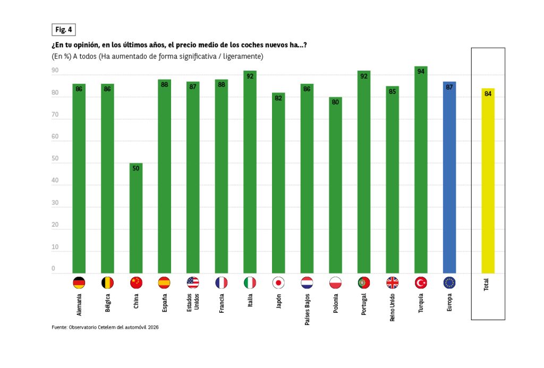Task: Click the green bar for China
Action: click(136, 218)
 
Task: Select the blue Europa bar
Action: click(449, 177)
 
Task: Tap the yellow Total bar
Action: click(488, 181)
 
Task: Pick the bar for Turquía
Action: click(421, 170)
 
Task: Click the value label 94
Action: click(421, 71)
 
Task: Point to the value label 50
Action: click(136, 168)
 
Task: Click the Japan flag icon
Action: click(278, 283)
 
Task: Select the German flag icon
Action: click(79, 283)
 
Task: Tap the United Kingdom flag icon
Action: click(393, 283)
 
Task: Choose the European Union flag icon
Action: click(449, 283)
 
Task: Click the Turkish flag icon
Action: click(421, 283)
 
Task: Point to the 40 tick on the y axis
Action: click(55, 181)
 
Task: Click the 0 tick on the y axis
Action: click(53, 269)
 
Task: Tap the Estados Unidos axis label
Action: click(193, 302)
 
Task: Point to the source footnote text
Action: click(105, 327)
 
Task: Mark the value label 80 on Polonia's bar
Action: click(335, 102)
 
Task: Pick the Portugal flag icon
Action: click(364, 283)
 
